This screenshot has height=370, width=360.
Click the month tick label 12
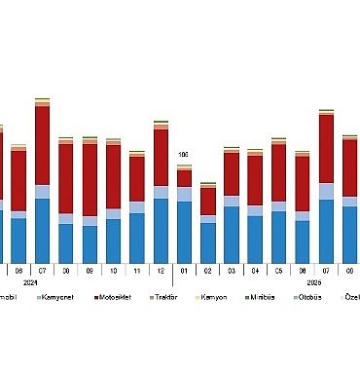(x=161, y=270)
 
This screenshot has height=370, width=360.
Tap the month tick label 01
(x=184, y=270)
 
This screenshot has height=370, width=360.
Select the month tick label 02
(x=207, y=270)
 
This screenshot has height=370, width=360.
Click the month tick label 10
(x=113, y=270)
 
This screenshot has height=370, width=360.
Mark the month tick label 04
(x=255, y=270)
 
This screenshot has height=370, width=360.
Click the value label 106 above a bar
(x=183, y=155)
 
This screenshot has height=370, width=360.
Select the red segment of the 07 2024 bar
(x=42, y=144)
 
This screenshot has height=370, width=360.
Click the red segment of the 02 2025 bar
(x=207, y=201)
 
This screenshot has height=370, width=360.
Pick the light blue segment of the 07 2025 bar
(x=326, y=191)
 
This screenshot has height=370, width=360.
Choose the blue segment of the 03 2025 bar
(x=232, y=234)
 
